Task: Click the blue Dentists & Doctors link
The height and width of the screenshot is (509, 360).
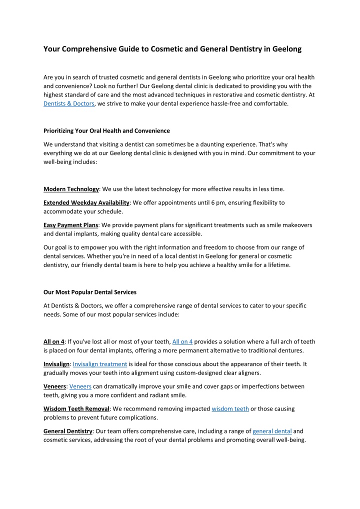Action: pos(68,103)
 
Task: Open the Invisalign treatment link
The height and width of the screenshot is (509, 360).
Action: pos(99,364)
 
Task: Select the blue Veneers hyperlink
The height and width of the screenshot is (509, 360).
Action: pos(80,386)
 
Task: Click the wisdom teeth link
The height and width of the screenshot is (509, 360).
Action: pos(230,408)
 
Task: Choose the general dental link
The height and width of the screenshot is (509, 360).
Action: pos(272,431)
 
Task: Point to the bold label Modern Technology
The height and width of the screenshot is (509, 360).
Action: pos(71,189)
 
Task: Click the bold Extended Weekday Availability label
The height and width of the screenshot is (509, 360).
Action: pos(86,202)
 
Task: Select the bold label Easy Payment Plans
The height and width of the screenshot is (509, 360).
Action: pos(70,225)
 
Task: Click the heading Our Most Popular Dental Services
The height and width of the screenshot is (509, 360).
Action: pos(90,292)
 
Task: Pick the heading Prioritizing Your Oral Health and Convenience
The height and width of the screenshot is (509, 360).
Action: pos(106,130)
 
